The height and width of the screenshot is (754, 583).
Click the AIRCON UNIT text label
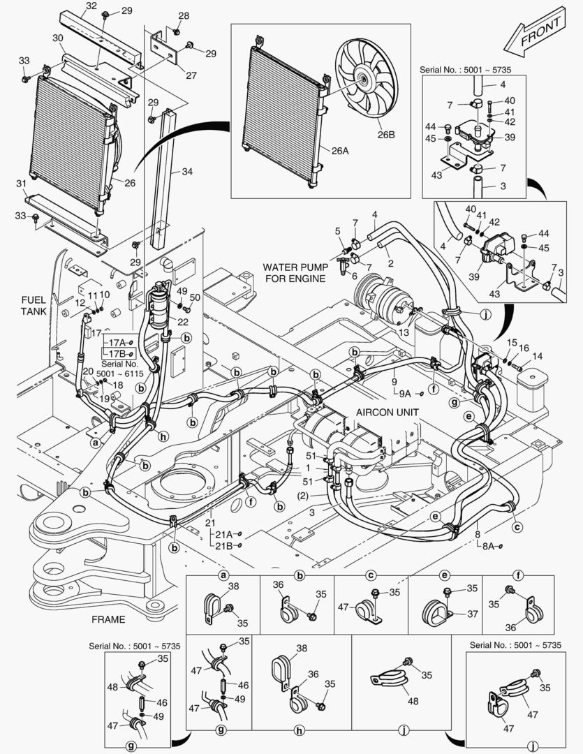tap(388, 412)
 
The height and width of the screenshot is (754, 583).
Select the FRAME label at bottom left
tap(108, 619)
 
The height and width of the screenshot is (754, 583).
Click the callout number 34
tap(186, 172)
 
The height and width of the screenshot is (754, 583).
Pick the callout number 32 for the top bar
tap(91, 6)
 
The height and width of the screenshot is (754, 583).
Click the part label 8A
tap(486, 547)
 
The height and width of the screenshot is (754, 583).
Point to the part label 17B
tap(115, 354)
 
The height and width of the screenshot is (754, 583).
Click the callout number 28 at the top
tap(183, 15)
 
